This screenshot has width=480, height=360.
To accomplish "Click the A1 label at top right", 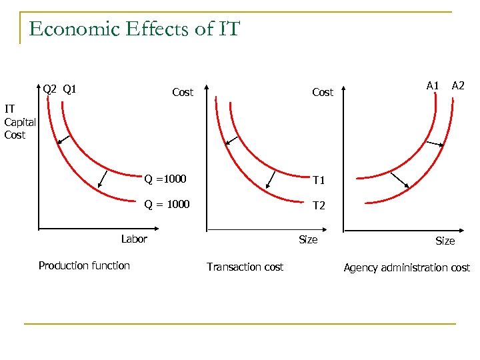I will point(433,85).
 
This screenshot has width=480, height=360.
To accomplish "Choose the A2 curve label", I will point(458,85).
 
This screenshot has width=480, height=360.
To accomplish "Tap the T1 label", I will point(319,181).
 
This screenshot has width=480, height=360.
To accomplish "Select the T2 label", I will point(319,205).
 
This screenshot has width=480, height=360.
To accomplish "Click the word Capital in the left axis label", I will point(20,122).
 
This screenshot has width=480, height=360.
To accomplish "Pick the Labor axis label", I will point(134,239).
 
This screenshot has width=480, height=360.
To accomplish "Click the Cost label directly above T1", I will point(323,93).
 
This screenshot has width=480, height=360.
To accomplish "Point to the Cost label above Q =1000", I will point(183,93).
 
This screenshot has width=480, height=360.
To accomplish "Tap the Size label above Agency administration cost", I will point(445,241).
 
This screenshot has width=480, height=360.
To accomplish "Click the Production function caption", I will point(84,265).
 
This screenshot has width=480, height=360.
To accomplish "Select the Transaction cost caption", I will point(245,267).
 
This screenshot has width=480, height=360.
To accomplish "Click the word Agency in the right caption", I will point(360,267).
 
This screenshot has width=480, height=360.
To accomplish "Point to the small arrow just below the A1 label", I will point(437,145).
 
